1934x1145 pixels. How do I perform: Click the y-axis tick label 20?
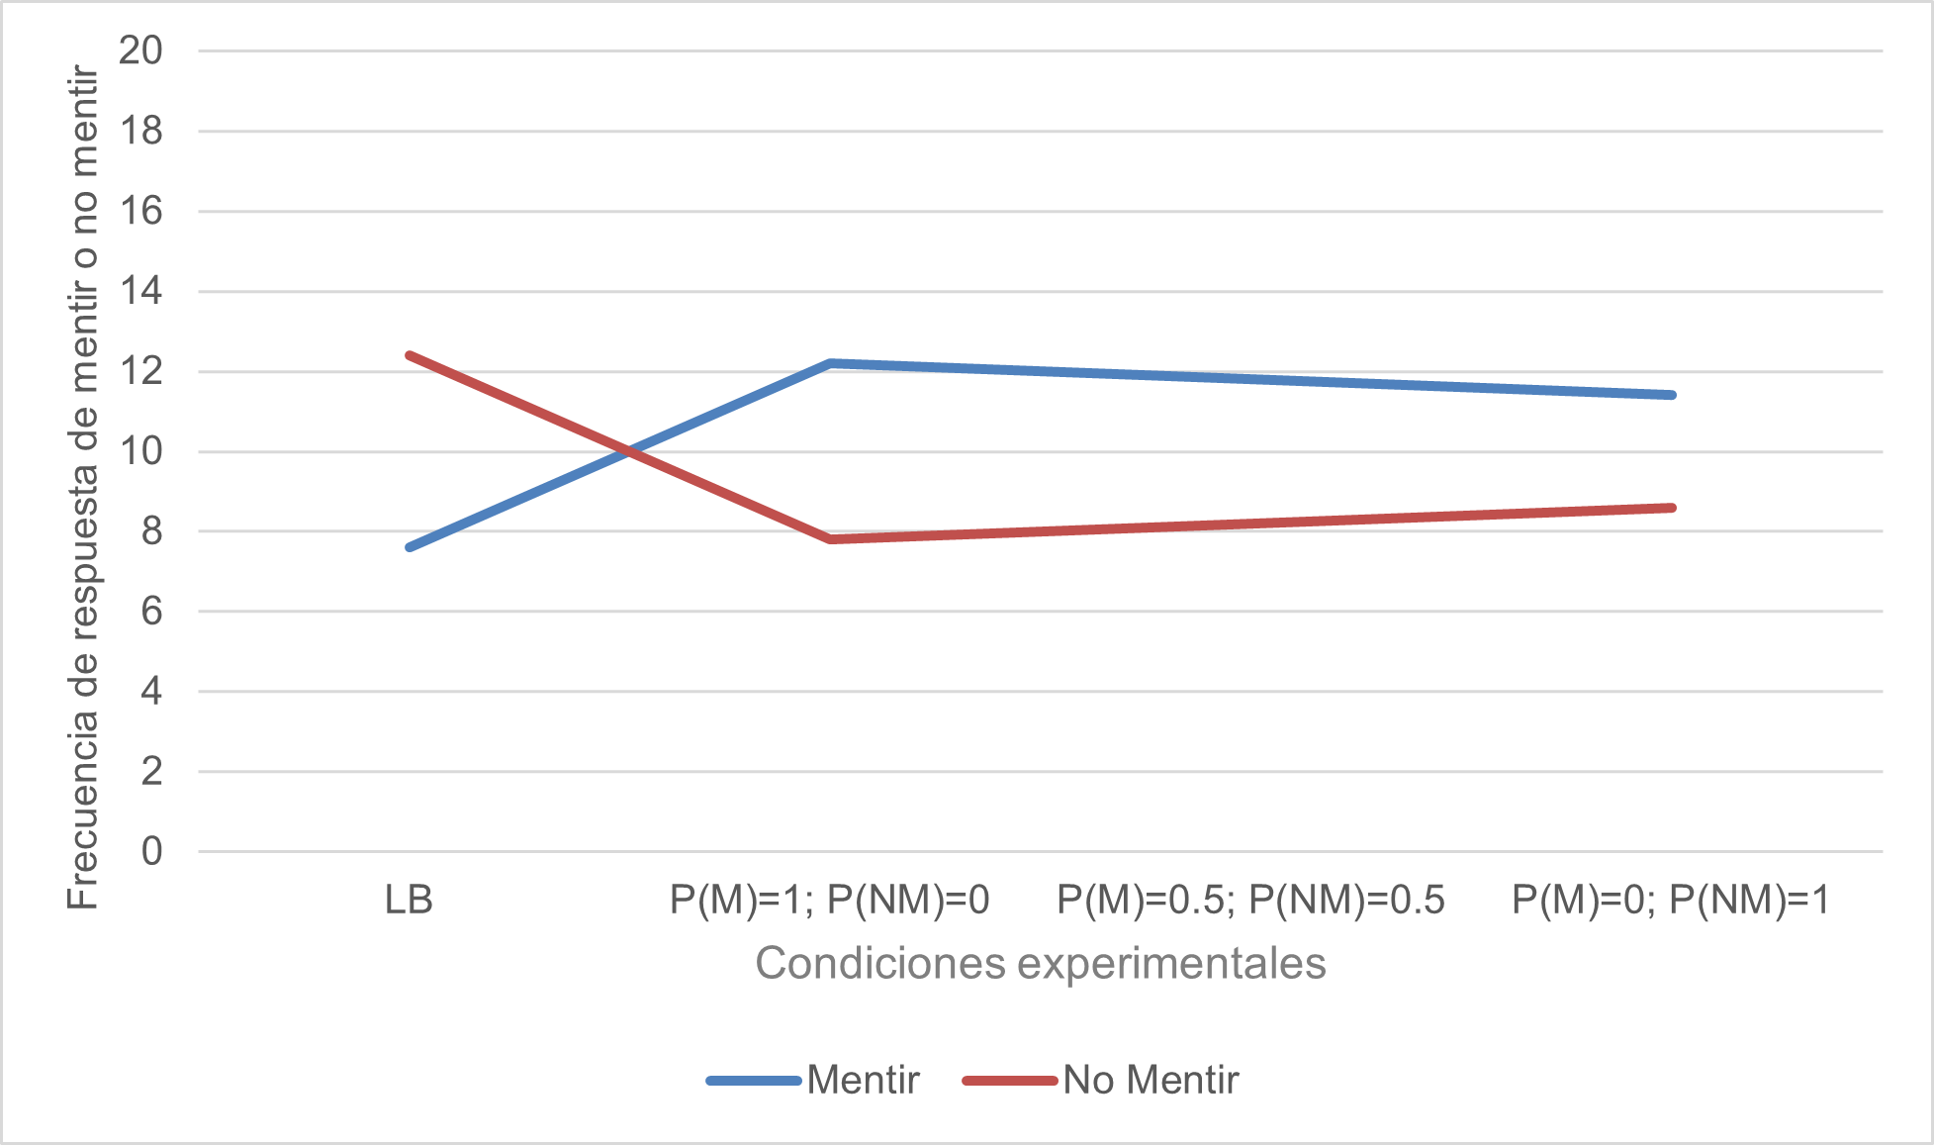click(x=140, y=50)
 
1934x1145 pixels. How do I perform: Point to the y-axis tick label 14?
click(x=140, y=292)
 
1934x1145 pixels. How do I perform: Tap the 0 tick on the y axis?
click(x=151, y=851)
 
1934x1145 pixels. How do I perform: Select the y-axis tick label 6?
click(x=151, y=612)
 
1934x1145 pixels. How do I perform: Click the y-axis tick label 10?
click(x=140, y=452)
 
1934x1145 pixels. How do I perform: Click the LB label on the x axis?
click(x=409, y=901)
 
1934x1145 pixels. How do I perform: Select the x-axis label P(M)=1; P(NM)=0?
click(x=829, y=901)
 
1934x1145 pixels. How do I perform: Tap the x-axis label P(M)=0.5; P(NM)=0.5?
click(x=1250, y=901)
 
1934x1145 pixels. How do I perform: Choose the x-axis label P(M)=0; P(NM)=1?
click(x=1671, y=901)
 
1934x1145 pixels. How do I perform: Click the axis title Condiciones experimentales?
click(x=1040, y=964)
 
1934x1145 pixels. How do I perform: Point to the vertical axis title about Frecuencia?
click(x=83, y=487)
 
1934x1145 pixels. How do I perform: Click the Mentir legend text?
click(x=863, y=1081)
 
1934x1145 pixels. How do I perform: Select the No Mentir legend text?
click(x=1151, y=1081)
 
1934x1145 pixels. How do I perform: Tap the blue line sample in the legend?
click(x=754, y=1081)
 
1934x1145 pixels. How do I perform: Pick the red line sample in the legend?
click(x=1010, y=1081)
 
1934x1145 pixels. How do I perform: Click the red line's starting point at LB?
click(x=410, y=354)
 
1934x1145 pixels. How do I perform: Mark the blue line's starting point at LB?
click(x=410, y=547)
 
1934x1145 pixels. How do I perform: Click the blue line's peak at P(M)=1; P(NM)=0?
click(x=830, y=363)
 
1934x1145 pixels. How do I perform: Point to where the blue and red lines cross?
click(x=629, y=452)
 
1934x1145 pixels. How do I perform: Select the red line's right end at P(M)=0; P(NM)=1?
click(x=1672, y=508)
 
